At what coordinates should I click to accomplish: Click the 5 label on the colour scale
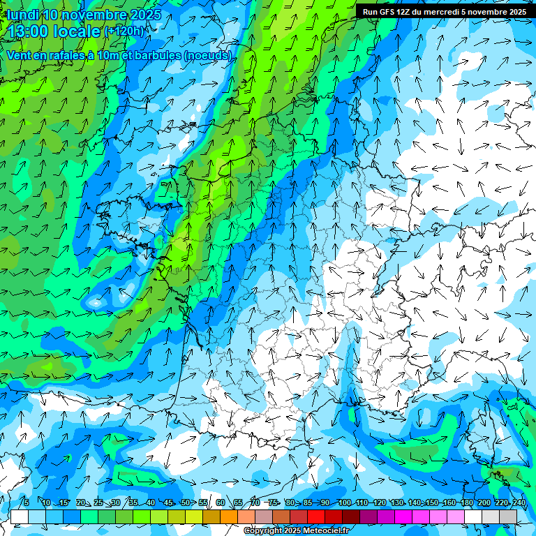(26, 502)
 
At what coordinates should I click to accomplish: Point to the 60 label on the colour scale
(221, 502)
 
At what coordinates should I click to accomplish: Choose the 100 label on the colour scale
(345, 502)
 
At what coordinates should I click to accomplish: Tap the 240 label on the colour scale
(519, 502)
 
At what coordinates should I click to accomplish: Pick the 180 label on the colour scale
(466, 502)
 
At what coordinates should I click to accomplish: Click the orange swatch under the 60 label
(211, 516)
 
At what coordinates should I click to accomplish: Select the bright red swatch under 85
(316, 516)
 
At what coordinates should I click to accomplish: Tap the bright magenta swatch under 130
(403, 516)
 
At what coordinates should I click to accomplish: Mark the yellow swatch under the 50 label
(177, 516)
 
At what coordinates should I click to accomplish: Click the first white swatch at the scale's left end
(20, 516)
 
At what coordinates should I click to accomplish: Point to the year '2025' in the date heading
(144, 15)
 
